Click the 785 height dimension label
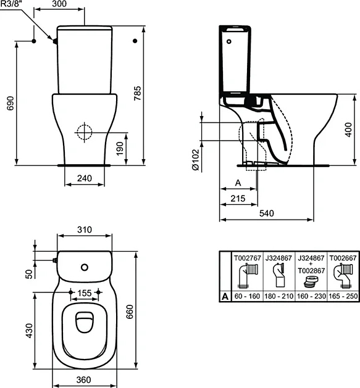click(138, 93)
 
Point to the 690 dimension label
click(10, 103)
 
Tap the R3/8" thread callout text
click(11, 4)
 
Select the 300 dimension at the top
click(59, 4)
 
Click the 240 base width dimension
click(85, 178)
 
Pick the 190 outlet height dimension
click(120, 149)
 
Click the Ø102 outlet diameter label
click(196, 160)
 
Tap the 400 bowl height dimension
click(348, 130)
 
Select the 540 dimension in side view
click(267, 213)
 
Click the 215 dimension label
click(238, 198)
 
